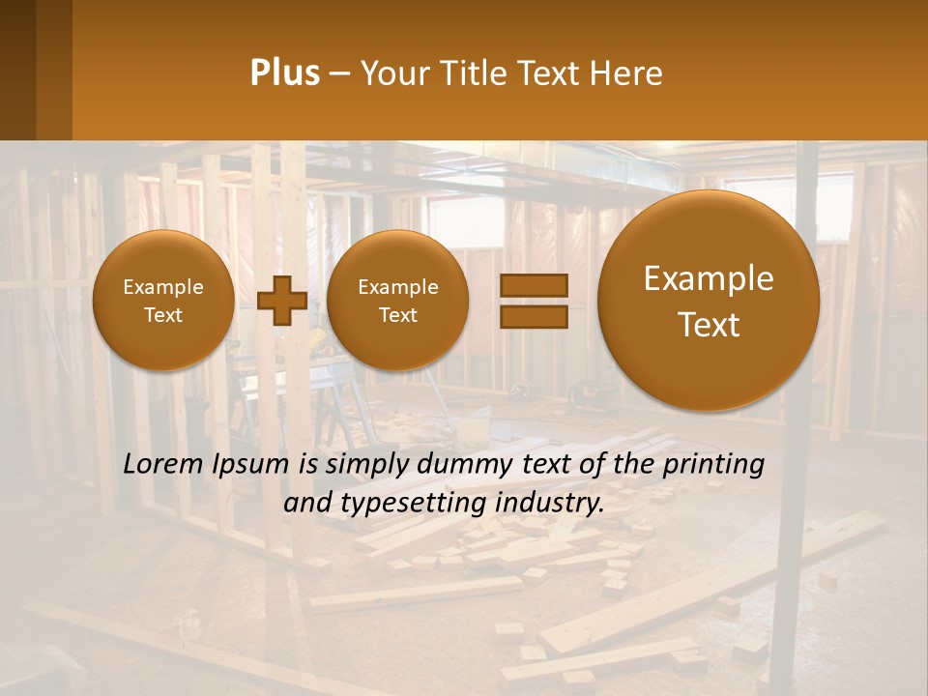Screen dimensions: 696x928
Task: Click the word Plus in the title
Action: coord(284,73)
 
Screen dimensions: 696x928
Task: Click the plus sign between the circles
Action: coord(281,301)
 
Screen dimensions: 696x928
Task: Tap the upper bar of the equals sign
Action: coord(533,285)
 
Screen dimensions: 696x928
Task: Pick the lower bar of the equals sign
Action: coord(533,316)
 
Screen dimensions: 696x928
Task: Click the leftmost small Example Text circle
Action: coord(162,301)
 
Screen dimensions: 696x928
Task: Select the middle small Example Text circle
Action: coord(397,301)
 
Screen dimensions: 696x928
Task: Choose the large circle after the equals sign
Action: coord(709,301)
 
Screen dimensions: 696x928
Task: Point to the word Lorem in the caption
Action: coord(164,465)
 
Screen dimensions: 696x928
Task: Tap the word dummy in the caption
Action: coord(443,465)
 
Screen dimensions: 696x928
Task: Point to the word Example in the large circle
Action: coord(709,278)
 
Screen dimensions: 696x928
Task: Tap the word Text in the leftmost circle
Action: coord(162,315)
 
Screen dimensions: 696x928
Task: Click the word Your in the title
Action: coord(392,73)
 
